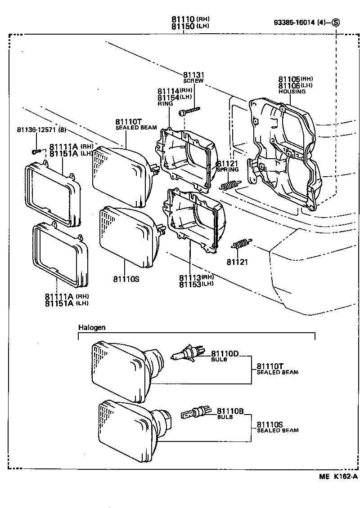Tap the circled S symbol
pyautogui.click(x=336, y=22)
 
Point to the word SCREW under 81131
pyautogui.click(x=193, y=81)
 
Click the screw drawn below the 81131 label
pyautogui.click(x=189, y=111)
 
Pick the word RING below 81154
pyautogui.click(x=165, y=103)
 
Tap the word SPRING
pyautogui.click(x=229, y=170)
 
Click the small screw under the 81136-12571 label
pyautogui.click(x=38, y=151)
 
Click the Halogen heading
pyautogui.click(x=92, y=327)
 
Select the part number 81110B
pyautogui.click(x=230, y=411)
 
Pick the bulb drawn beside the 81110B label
pyautogui.click(x=194, y=412)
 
